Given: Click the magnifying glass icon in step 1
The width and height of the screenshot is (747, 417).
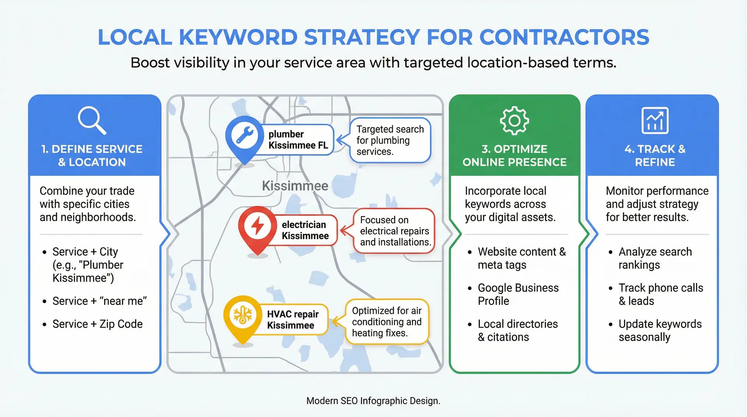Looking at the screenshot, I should tap(91, 120).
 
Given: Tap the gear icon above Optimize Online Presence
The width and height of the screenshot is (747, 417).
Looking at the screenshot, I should tap(514, 121).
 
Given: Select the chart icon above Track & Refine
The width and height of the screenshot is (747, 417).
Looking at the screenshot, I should tap(655, 121).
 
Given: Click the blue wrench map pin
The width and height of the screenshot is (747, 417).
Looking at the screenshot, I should tap(244, 137).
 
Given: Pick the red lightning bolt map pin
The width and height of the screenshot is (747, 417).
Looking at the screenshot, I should tap(258, 227).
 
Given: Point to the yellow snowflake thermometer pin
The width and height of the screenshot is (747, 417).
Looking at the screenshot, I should tap(242, 315).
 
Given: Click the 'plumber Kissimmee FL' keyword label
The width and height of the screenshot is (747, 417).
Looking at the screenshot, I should tap(298, 140).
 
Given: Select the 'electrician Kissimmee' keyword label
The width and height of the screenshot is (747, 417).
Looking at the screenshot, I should tap(305, 230).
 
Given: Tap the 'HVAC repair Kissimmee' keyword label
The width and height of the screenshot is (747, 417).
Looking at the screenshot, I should tap(293, 320).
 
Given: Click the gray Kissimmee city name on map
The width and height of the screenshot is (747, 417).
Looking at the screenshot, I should tap(295, 186).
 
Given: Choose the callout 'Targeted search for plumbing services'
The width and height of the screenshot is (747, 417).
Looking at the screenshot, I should tap(390, 140).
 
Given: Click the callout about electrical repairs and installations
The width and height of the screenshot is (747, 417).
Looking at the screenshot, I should tap(395, 231).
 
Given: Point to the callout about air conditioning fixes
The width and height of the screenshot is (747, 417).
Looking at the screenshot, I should tap(387, 322).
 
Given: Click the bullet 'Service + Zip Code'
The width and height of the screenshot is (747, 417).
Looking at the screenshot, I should tap(97, 324).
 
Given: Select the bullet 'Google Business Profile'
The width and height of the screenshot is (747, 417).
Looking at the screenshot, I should tap(518, 294).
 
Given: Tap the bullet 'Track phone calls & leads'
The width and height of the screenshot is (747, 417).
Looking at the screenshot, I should tap(661, 294).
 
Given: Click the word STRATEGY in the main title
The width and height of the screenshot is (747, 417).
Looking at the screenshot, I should tap(362, 37).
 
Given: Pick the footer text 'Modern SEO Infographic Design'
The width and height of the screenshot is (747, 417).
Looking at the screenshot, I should tap(373, 401).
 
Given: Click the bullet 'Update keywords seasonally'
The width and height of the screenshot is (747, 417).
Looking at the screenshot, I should tap(660, 331).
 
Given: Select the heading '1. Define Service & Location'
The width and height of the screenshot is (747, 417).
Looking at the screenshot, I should tap(92, 156).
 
